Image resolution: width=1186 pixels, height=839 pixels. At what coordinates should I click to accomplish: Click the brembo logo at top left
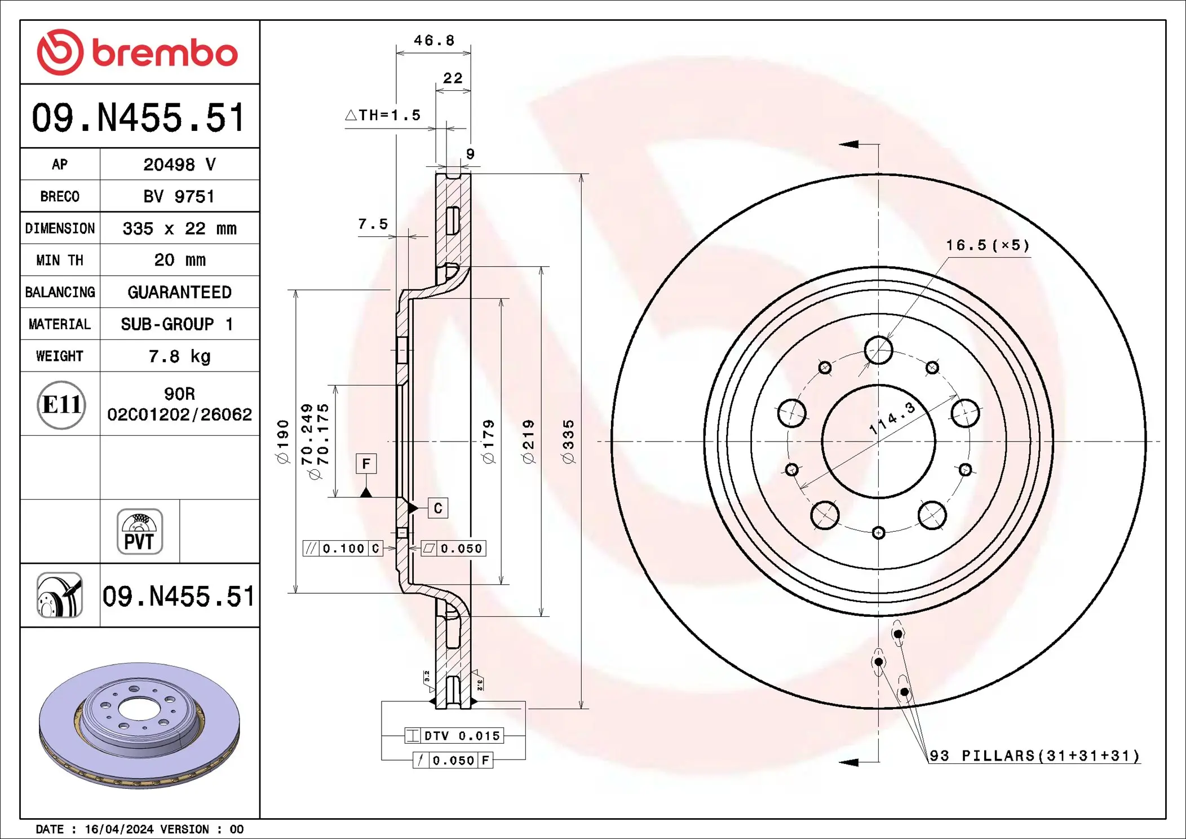tap(138, 52)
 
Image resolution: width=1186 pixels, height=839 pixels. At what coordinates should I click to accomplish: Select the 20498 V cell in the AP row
tap(179, 165)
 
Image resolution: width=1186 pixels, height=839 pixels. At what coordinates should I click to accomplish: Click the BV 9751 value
tap(179, 197)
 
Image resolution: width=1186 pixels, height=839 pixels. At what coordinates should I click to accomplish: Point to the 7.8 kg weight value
tap(179, 356)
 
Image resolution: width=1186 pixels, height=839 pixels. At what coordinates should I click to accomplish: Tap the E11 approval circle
tap(61, 405)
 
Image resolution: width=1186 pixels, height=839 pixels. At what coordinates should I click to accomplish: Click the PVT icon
tap(140, 532)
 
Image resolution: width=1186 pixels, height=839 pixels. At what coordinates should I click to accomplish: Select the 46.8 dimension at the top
tap(433, 41)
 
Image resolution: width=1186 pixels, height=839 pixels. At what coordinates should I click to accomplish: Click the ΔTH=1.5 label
tap(383, 116)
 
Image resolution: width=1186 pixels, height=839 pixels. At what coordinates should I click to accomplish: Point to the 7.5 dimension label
tap(373, 224)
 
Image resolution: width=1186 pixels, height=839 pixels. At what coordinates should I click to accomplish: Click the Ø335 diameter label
tap(568, 441)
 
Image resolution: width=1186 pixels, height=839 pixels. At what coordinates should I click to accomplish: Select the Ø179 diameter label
tap(488, 441)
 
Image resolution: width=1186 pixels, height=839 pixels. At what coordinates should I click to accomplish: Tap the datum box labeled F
tap(366, 464)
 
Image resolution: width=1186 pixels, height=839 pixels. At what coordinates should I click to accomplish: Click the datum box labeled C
tap(438, 509)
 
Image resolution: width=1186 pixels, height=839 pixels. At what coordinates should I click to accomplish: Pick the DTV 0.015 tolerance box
tap(454, 736)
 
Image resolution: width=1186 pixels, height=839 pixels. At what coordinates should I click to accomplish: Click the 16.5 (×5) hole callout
tap(988, 245)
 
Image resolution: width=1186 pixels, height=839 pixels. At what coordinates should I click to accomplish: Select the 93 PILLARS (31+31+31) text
tap(1034, 756)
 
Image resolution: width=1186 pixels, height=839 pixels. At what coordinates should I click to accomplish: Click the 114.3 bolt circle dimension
tap(892, 418)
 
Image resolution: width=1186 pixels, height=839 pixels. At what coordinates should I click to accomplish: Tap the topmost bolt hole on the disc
tap(878, 350)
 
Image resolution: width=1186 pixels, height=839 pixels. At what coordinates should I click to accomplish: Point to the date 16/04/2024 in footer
tap(119, 829)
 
